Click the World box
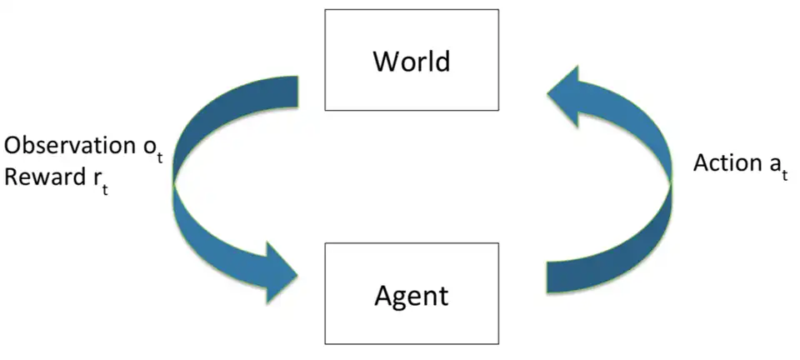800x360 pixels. [x=412, y=60]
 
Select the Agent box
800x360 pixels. [x=412, y=293]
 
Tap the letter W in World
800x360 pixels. [x=385, y=61]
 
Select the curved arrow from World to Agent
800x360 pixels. [x=196, y=183]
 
